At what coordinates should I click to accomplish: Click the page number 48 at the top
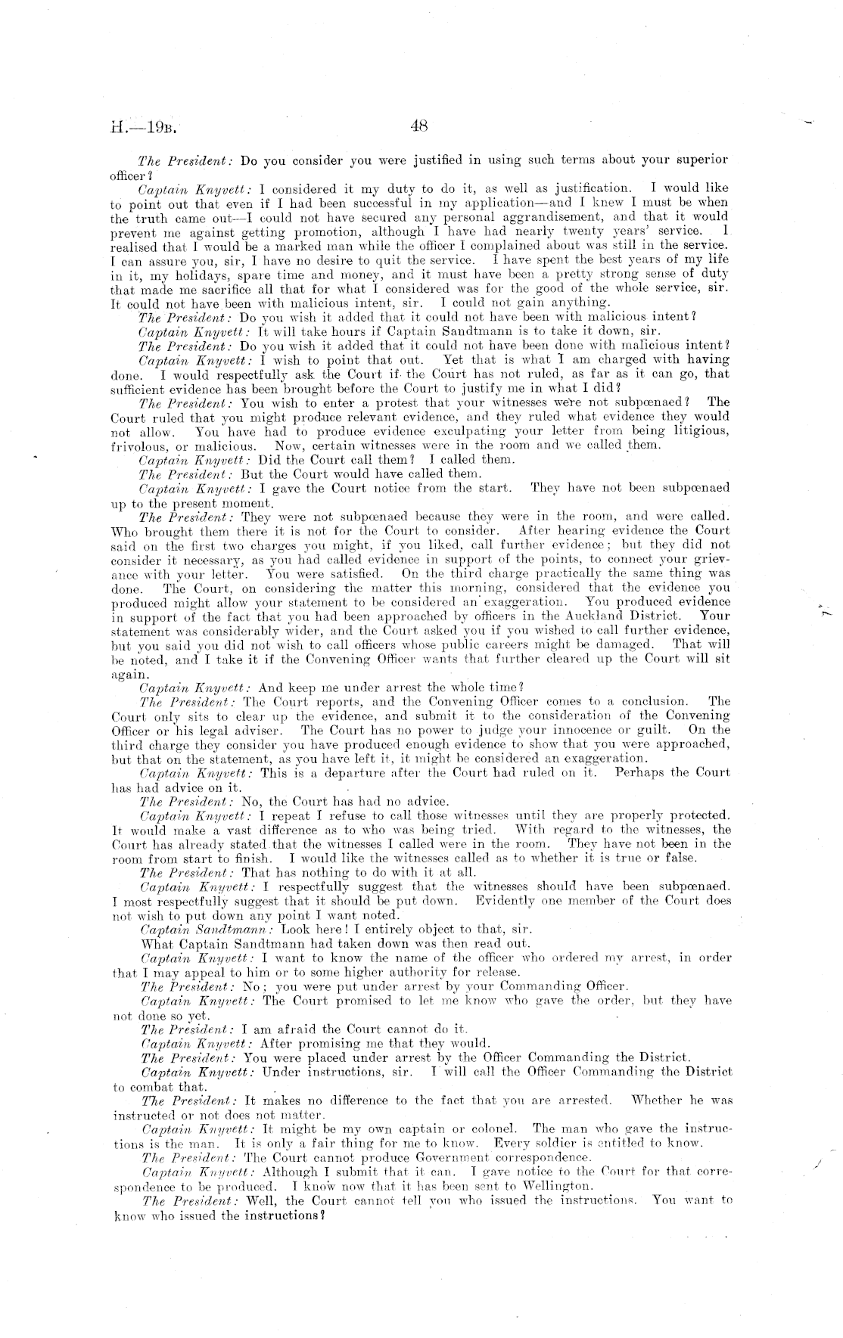(x=419, y=127)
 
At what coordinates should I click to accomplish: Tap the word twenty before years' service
(x=606, y=230)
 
